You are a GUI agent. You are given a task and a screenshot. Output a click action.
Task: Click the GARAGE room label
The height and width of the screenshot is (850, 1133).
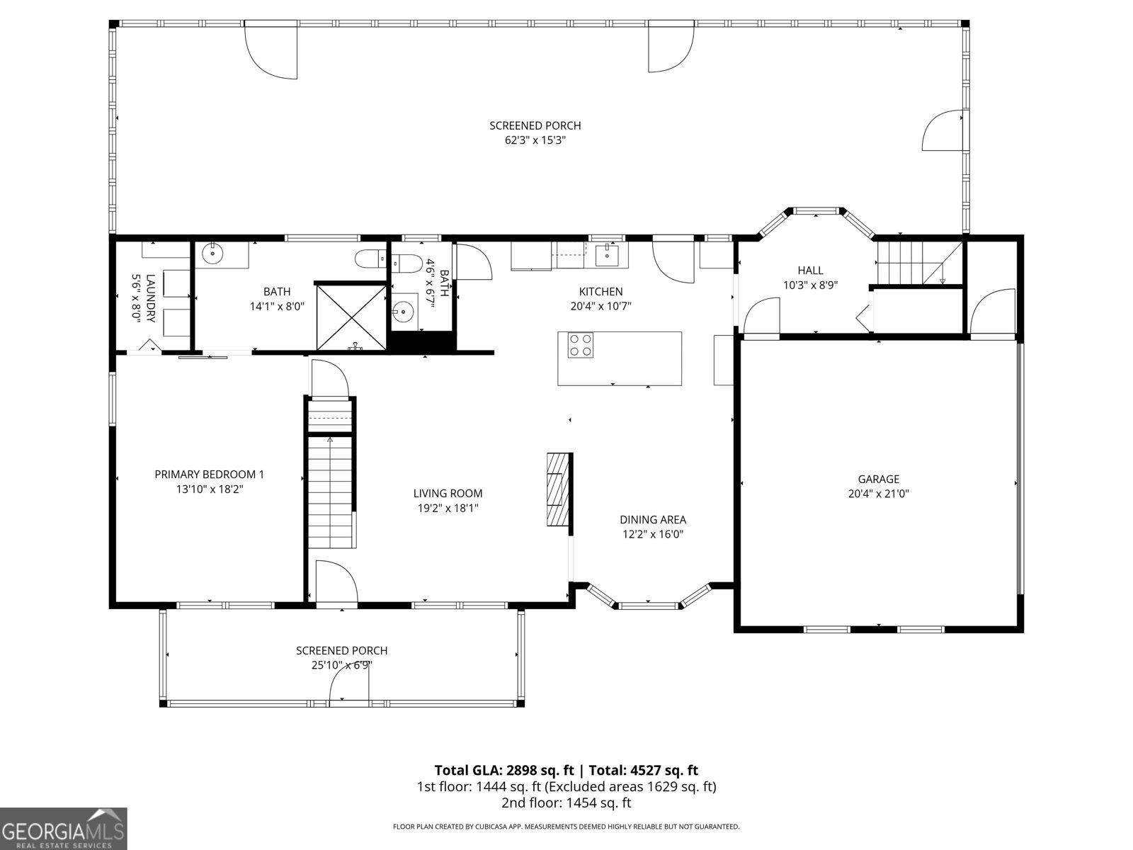pyautogui.click(x=878, y=480)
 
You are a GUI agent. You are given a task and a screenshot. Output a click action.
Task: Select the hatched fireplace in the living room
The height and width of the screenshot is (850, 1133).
pyautogui.click(x=557, y=489)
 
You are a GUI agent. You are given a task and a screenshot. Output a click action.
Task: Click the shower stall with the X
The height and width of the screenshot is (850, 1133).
pyautogui.click(x=351, y=316)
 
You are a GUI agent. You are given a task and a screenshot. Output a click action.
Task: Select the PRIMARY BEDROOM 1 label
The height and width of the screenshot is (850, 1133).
pyautogui.click(x=209, y=475)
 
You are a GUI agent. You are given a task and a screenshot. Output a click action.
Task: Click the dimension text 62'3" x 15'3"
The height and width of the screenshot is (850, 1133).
pyautogui.click(x=535, y=140)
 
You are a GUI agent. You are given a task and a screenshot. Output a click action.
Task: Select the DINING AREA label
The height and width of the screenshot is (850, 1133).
pyautogui.click(x=652, y=520)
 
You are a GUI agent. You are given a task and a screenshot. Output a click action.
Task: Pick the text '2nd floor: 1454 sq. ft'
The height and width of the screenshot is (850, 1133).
pyautogui.click(x=566, y=803)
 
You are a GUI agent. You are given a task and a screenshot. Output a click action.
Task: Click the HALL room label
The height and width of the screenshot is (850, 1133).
pyautogui.click(x=810, y=271)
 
